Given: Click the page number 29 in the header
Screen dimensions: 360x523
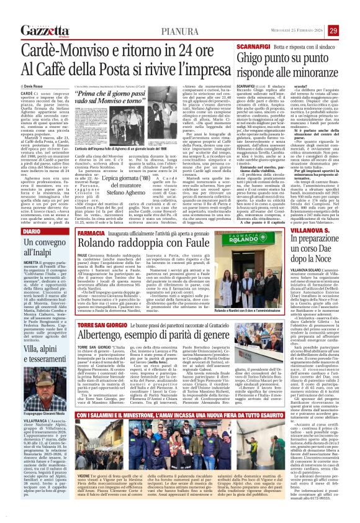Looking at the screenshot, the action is tap(351, 13).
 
